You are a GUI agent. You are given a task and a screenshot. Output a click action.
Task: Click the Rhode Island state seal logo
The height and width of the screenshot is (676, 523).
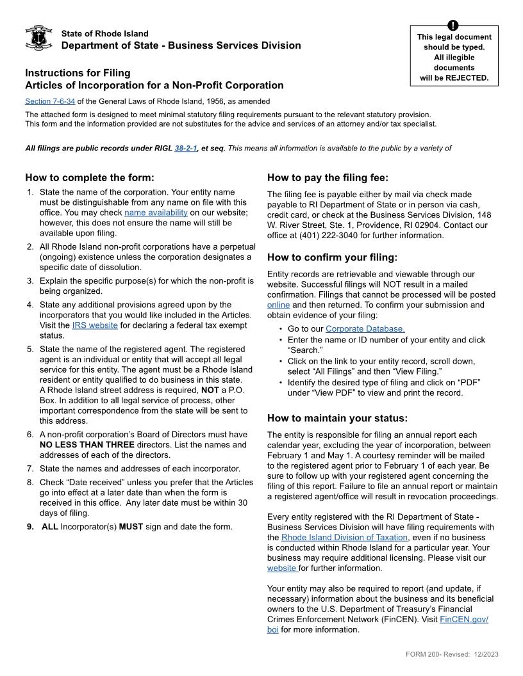[38, 38]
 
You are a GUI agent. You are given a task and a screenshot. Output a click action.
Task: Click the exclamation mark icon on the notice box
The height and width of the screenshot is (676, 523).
[454, 26]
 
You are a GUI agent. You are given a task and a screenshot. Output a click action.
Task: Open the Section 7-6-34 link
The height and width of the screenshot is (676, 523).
[50, 101]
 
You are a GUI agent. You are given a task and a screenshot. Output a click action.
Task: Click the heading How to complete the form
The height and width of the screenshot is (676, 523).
[90, 177]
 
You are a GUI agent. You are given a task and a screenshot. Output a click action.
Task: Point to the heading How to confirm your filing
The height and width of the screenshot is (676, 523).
[332, 257]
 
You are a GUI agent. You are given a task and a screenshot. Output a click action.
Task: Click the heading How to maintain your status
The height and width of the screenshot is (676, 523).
[337, 418]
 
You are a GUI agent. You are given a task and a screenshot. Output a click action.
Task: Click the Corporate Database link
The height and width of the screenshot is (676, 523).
[365, 329]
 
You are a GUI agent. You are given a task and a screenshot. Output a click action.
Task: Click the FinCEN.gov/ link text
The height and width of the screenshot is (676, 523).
[464, 620]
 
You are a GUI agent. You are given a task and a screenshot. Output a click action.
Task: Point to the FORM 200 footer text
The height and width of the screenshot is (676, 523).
[452, 654]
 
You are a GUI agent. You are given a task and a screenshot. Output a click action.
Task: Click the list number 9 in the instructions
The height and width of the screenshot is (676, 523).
[30, 527]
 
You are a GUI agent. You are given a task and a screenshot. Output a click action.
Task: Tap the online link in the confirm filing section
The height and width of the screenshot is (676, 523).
[278, 305]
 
